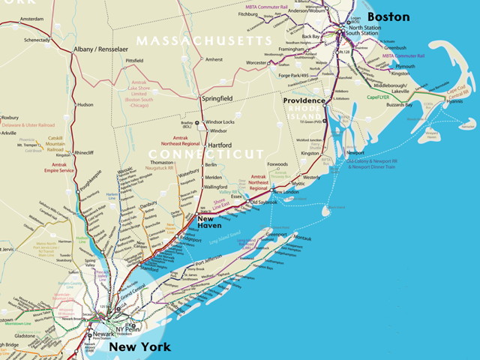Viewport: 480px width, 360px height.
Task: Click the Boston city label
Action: pyautogui.click(x=388, y=16)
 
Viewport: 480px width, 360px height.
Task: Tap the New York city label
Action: pyautogui.click(x=139, y=347)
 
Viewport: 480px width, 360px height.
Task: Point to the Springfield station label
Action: pyautogui.click(x=217, y=98)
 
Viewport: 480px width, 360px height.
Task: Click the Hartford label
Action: pyautogui.click(x=220, y=145)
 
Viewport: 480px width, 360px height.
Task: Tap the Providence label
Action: pyautogui.click(x=304, y=100)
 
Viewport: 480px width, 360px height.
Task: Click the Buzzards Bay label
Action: pyautogui.click(x=401, y=106)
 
